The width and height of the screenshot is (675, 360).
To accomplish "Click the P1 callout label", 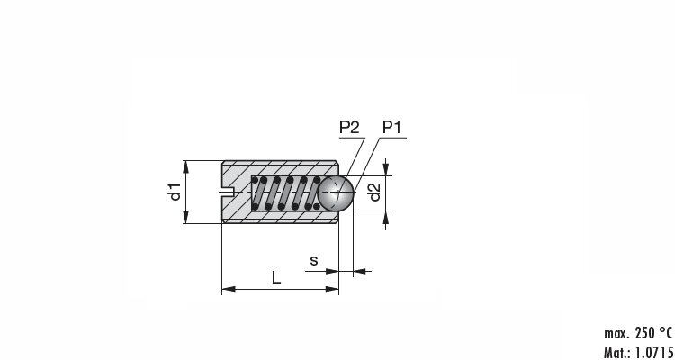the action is pyautogui.click(x=392, y=128).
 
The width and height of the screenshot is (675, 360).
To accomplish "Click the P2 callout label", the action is pyautogui.click(x=349, y=128).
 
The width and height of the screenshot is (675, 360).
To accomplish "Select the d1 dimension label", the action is pyautogui.click(x=175, y=192).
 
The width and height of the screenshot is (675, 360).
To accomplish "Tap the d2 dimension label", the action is pyautogui.click(x=374, y=193).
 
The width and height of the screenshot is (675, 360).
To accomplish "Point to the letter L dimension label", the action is pyautogui.click(x=276, y=278).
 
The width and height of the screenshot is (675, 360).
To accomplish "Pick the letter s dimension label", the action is pyautogui.click(x=314, y=260).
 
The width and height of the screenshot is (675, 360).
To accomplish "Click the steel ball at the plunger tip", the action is pyautogui.click(x=336, y=193).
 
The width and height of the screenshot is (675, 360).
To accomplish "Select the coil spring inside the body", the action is pyautogui.click(x=286, y=193).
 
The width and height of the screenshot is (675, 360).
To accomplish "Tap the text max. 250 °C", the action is pyautogui.click(x=638, y=333).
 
